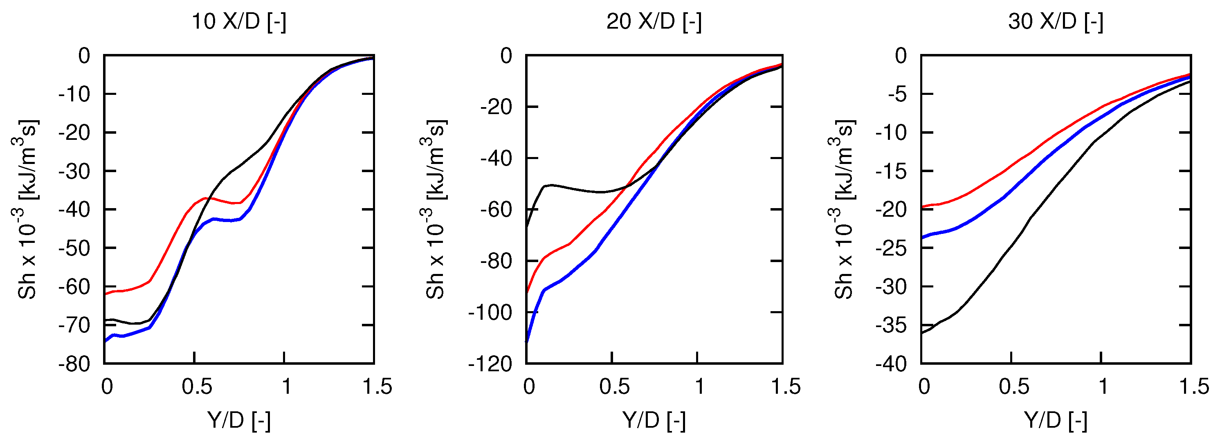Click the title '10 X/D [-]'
(239, 22)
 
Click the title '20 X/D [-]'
(654, 22)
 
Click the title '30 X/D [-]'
(1055, 22)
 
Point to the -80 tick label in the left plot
(74, 364)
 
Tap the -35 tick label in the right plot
(891, 325)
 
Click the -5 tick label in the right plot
(896, 94)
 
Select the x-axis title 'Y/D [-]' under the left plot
(239, 420)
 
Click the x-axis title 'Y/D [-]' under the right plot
(1055, 420)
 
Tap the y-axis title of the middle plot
(436, 209)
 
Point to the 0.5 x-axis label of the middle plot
(614, 387)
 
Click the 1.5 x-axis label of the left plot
(377, 387)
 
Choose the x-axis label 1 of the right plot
(1103, 387)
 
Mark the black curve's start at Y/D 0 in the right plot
(921, 333)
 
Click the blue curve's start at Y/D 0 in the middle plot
(527, 342)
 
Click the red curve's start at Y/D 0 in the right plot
(921, 207)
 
